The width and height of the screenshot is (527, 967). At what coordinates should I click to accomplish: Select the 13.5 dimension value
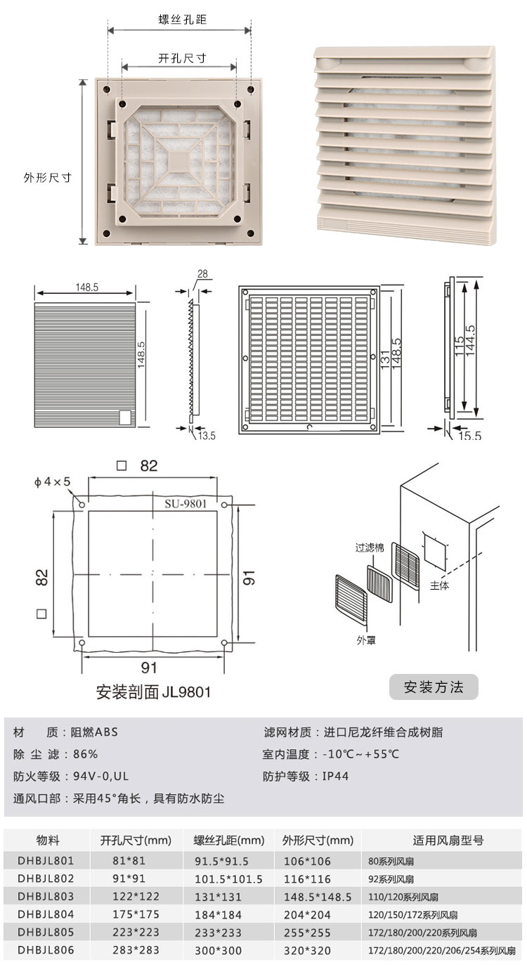coord(207,436)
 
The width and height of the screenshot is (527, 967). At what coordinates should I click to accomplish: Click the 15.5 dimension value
coord(470,436)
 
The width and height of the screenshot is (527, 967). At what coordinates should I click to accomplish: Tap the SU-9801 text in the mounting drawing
coord(186,503)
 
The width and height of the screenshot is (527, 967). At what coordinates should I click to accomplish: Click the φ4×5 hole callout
coord(52,482)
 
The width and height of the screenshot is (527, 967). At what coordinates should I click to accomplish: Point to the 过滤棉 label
coord(369,547)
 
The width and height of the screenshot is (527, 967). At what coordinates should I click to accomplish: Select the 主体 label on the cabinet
coord(439,585)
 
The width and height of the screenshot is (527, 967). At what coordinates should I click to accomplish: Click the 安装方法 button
coord(434,687)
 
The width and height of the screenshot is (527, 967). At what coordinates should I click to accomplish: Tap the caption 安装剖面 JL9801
coord(153,692)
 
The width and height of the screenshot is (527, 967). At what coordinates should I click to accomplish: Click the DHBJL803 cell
coord(46,896)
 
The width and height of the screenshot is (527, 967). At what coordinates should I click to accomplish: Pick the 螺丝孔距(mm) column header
coord(228,841)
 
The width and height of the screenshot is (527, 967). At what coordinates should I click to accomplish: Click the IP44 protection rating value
coord(335,777)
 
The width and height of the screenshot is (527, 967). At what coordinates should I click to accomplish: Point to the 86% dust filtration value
coord(85,755)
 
